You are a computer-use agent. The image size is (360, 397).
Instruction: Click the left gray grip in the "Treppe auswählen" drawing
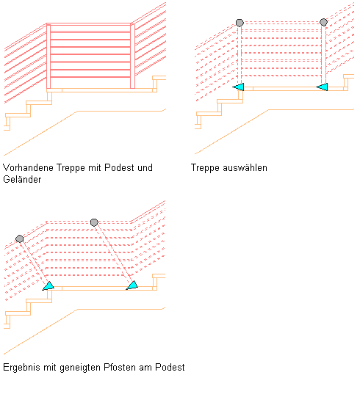pos(240,23)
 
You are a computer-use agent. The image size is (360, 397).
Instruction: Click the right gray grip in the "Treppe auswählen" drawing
pos(323,22)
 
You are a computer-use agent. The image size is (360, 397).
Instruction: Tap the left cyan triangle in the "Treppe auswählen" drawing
pos(239,87)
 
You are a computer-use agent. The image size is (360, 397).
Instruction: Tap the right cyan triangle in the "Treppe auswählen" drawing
pos(323,87)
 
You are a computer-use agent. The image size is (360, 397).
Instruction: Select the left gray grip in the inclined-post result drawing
pos(20,238)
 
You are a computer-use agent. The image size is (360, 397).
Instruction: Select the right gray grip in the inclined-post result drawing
pos(94,222)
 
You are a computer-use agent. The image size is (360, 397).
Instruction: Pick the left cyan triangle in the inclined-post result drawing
pos(48,286)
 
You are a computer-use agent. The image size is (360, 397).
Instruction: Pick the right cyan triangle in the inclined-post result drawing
pos(132,285)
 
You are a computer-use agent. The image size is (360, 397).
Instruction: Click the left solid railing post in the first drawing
pos(48,57)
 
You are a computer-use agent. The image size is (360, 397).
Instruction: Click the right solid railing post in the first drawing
pos(132,57)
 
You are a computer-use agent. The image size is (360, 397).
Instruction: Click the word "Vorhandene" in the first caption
pos(28,167)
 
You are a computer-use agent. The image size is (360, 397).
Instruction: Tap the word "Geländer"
pos(22,179)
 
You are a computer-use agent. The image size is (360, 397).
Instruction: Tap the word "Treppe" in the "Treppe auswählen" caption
pos(205,168)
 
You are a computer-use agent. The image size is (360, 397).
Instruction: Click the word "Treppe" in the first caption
pos(71,168)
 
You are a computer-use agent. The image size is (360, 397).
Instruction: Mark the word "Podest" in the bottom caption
pos(170,367)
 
